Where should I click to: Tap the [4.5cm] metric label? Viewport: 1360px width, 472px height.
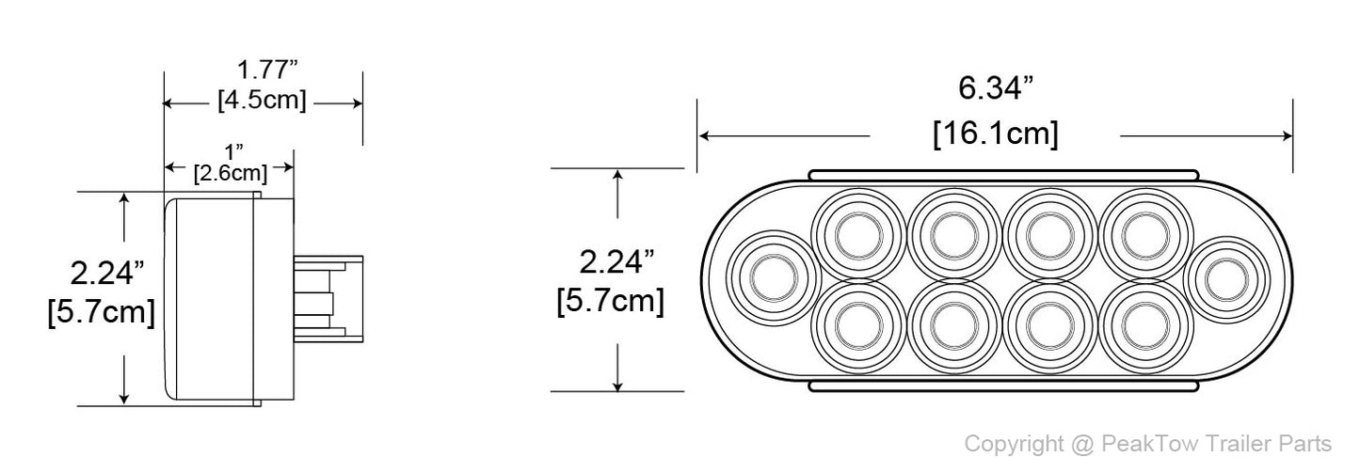point(262,101)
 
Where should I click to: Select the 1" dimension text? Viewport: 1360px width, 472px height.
point(232,151)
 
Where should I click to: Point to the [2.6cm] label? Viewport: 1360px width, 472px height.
point(230,173)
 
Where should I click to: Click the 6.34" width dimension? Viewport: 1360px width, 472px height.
point(996,90)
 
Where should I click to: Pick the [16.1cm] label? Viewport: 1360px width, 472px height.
point(996,134)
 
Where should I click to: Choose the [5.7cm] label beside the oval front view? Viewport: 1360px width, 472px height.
point(611,302)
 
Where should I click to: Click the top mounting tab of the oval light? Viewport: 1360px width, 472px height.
point(1003,176)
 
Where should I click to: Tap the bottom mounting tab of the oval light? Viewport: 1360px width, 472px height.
point(1003,385)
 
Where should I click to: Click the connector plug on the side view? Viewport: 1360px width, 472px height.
point(327,296)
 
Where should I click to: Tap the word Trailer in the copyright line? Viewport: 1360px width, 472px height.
point(1227,444)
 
